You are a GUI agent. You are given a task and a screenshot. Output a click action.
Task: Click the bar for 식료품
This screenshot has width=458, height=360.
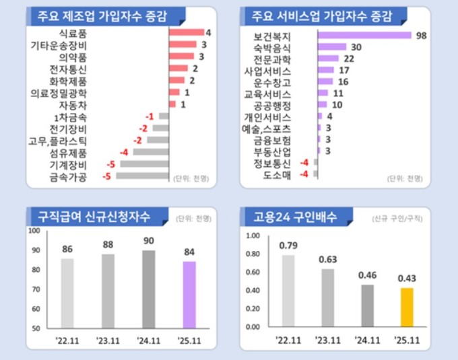pos(186,32)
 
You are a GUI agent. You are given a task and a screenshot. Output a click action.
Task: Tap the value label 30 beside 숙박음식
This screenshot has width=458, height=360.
pos(357,46)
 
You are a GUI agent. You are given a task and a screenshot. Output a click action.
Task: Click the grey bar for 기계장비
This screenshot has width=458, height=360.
pos(143,164)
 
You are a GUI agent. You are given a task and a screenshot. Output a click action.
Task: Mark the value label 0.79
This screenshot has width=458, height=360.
pos(288,245)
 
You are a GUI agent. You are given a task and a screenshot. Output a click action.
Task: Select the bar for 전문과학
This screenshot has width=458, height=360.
pos(328,59)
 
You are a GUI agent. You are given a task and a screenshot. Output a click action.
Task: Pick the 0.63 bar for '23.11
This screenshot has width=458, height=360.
pos(327,298)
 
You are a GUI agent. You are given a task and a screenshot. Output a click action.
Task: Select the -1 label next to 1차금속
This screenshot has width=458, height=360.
pos(150,116)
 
